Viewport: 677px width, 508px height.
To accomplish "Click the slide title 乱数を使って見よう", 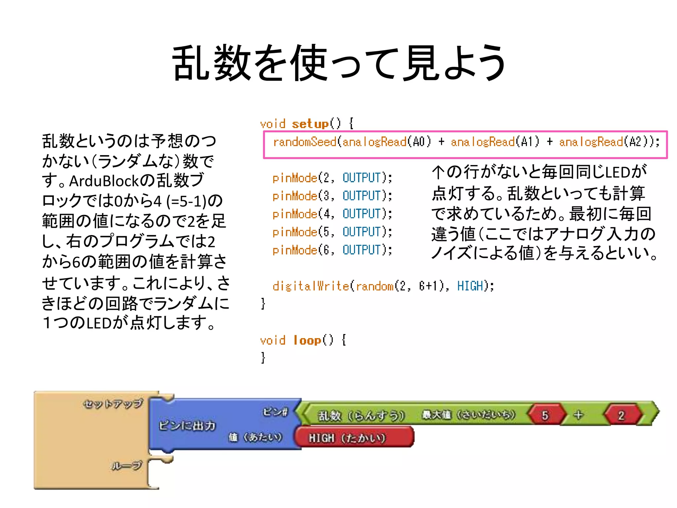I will [338, 63].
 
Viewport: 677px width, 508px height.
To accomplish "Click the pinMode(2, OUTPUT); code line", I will [332, 178].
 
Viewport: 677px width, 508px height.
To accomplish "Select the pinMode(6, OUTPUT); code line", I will [332, 250].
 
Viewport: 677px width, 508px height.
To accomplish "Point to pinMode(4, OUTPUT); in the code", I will [332, 214].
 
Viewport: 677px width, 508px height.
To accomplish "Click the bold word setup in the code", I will [310, 124].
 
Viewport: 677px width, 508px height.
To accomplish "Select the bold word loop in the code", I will [307, 340].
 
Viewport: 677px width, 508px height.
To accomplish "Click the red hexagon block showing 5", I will [545, 415].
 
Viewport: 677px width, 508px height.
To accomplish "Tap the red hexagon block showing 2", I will [621, 415].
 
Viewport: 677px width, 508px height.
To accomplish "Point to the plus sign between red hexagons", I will [578, 415].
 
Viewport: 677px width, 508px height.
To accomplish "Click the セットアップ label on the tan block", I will [113, 404].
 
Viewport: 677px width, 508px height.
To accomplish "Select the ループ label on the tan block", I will [127, 466].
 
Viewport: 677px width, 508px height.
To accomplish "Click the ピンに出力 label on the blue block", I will [187, 425].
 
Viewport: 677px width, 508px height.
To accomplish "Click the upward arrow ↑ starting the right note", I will [438, 172].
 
